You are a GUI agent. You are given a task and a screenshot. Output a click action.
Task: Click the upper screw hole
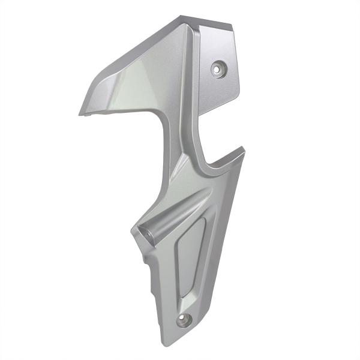217,69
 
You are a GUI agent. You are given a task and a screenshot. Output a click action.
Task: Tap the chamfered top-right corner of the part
231,27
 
